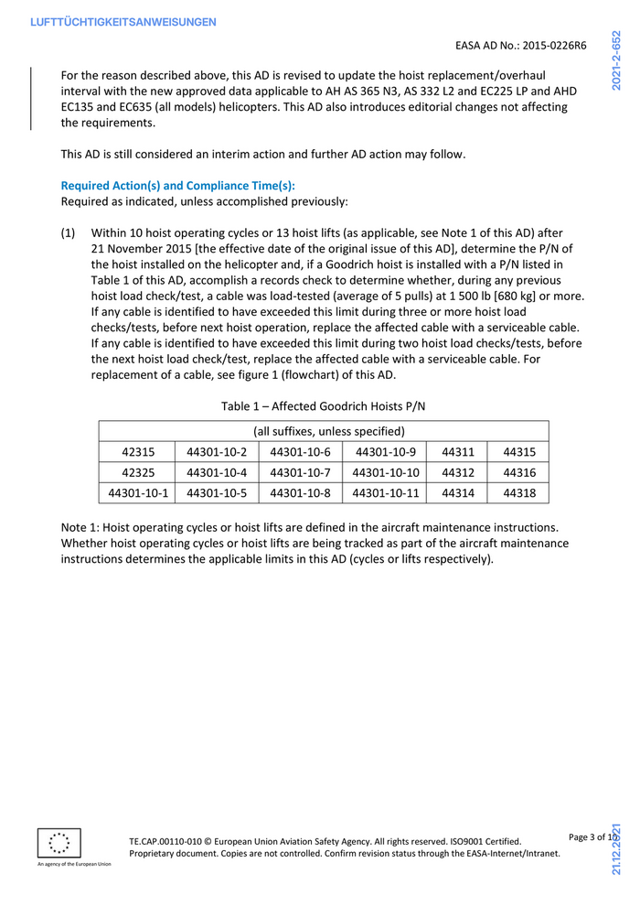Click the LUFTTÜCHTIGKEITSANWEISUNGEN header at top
tap(123, 21)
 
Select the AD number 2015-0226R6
tap(553, 45)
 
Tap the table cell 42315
tap(137, 451)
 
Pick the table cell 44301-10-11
tap(385, 493)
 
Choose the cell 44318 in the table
tap(519, 493)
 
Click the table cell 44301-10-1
tap(137, 493)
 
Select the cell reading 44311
tap(458, 451)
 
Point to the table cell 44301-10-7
tap(300, 472)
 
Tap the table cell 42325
tap(137, 472)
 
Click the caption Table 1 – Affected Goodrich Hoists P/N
tap(324, 405)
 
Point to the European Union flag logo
tap(59, 842)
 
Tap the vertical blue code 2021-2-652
tap(618, 60)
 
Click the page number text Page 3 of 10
tap(593, 837)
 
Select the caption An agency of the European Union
tap(74, 864)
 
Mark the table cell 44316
tap(519, 472)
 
